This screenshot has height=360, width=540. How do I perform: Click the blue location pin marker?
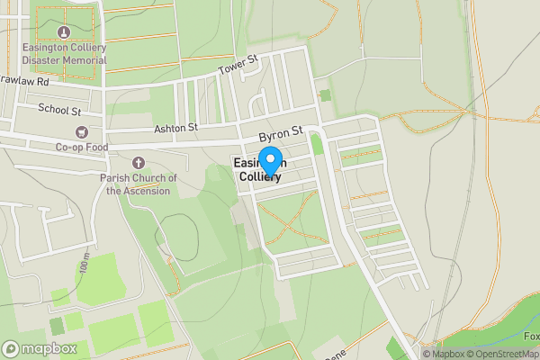tap(270, 161)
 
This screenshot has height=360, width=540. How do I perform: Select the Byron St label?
tap(279, 133)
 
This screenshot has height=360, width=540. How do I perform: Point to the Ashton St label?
tap(175, 128)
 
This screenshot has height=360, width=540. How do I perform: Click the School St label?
tap(59, 109)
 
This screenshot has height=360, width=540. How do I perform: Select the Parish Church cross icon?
tap(138, 163)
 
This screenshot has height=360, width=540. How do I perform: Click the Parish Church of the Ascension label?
tap(138, 184)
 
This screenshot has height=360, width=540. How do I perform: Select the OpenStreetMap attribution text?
tap(503, 354)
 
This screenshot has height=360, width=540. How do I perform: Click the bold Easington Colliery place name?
tap(259, 170)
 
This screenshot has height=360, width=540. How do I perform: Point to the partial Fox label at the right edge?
tap(531, 337)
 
